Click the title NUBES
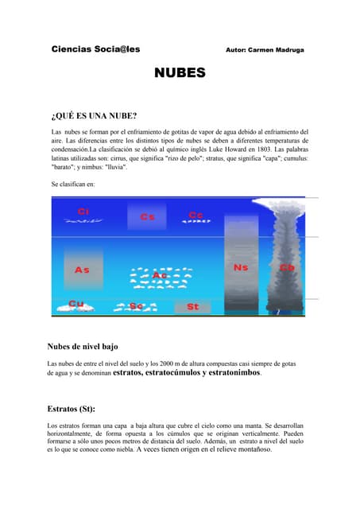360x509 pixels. [180, 73]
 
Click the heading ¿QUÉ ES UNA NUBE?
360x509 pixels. [95, 115]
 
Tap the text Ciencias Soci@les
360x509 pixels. [95, 49]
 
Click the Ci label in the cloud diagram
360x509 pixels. [83, 211]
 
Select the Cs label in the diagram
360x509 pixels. [147, 216]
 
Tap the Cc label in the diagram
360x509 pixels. [195, 215]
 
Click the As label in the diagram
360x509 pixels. [82, 270]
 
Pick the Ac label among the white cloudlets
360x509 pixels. [160, 276]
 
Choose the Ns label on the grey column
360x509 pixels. [241, 268]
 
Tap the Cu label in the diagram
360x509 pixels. [76, 304]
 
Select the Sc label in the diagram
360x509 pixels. [136, 306]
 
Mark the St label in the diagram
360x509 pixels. [193, 306]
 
